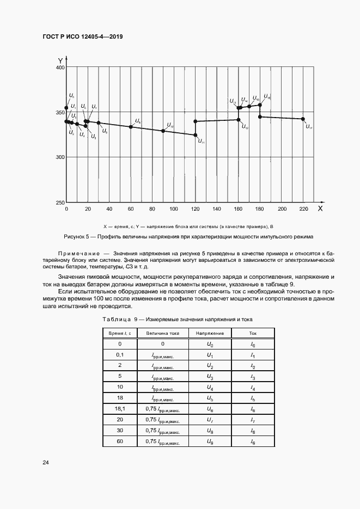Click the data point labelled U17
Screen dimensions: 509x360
pyautogui.click(x=303, y=119)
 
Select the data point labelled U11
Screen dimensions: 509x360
pyautogui.click(x=196, y=135)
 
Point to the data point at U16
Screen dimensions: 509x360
pyautogui.click(x=260, y=105)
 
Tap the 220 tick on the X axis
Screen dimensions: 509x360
pyautogui.click(x=303, y=209)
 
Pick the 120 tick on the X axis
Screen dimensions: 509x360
pyautogui.click(x=195, y=209)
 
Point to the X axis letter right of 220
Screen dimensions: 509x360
pyautogui.click(x=320, y=208)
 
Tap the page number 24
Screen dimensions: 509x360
pyautogui.click(x=46, y=462)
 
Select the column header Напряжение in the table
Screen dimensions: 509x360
pyautogui.click(x=210, y=333)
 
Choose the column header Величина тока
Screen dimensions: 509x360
pyautogui.click(x=162, y=333)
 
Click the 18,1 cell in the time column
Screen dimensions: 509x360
pyautogui.click(x=119, y=408)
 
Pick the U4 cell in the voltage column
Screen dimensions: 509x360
pyautogui.click(x=210, y=387)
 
